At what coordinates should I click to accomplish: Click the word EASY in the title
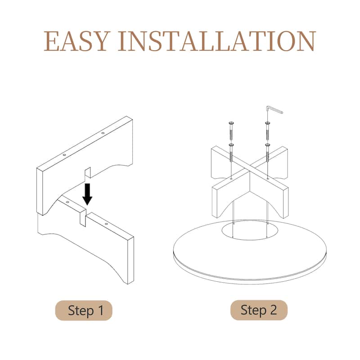click(76, 41)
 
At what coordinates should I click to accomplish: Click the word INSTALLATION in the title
click(217, 41)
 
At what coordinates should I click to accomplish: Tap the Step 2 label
click(259, 310)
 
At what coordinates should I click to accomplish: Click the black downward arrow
click(87, 194)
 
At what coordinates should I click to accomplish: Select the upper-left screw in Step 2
click(231, 131)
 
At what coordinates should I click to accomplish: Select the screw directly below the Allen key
click(267, 131)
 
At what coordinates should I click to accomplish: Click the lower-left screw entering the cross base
click(231, 153)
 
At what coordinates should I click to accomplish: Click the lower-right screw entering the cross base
click(267, 153)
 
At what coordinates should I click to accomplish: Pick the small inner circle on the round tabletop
click(250, 230)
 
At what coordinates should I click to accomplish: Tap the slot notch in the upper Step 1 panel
click(88, 172)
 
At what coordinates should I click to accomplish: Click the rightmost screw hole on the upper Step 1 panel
click(103, 133)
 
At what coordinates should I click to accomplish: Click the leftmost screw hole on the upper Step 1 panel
click(64, 155)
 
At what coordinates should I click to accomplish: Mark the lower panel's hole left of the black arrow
click(67, 202)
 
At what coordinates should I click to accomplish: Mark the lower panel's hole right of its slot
click(106, 224)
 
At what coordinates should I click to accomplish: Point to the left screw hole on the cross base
click(231, 178)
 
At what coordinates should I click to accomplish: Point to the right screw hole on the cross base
click(268, 178)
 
